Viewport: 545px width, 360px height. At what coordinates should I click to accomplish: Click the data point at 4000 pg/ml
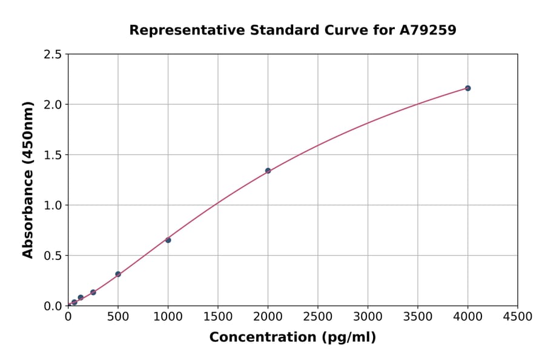tap(467, 88)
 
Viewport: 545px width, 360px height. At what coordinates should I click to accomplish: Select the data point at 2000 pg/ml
tap(268, 171)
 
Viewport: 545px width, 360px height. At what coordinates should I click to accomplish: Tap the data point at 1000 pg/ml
tap(168, 240)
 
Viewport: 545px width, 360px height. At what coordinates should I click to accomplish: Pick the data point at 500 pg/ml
tap(118, 274)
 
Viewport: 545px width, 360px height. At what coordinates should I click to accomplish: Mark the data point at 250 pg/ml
tap(93, 292)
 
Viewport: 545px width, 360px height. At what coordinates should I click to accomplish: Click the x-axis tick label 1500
tap(218, 316)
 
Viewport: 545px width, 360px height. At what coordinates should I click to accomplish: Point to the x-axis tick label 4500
tap(517, 316)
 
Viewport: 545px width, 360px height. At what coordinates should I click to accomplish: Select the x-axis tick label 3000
tap(368, 316)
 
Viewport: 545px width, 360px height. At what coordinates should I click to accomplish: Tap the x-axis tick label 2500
tap(318, 316)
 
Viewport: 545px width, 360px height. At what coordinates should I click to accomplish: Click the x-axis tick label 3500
tap(418, 316)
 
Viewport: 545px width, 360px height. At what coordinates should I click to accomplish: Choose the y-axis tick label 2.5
tap(53, 55)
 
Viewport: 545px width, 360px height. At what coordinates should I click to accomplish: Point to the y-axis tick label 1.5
tap(53, 155)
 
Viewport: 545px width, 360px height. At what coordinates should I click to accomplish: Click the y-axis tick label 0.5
tap(53, 256)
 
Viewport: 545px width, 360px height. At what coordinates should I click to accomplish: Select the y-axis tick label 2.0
tap(53, 105)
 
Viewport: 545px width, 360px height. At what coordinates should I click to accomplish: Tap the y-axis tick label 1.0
tap(53, 205)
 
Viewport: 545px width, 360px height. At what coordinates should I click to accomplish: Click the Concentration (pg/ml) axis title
tap(292, 338)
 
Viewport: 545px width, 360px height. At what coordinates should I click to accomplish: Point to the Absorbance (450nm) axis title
tap(28, 179)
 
